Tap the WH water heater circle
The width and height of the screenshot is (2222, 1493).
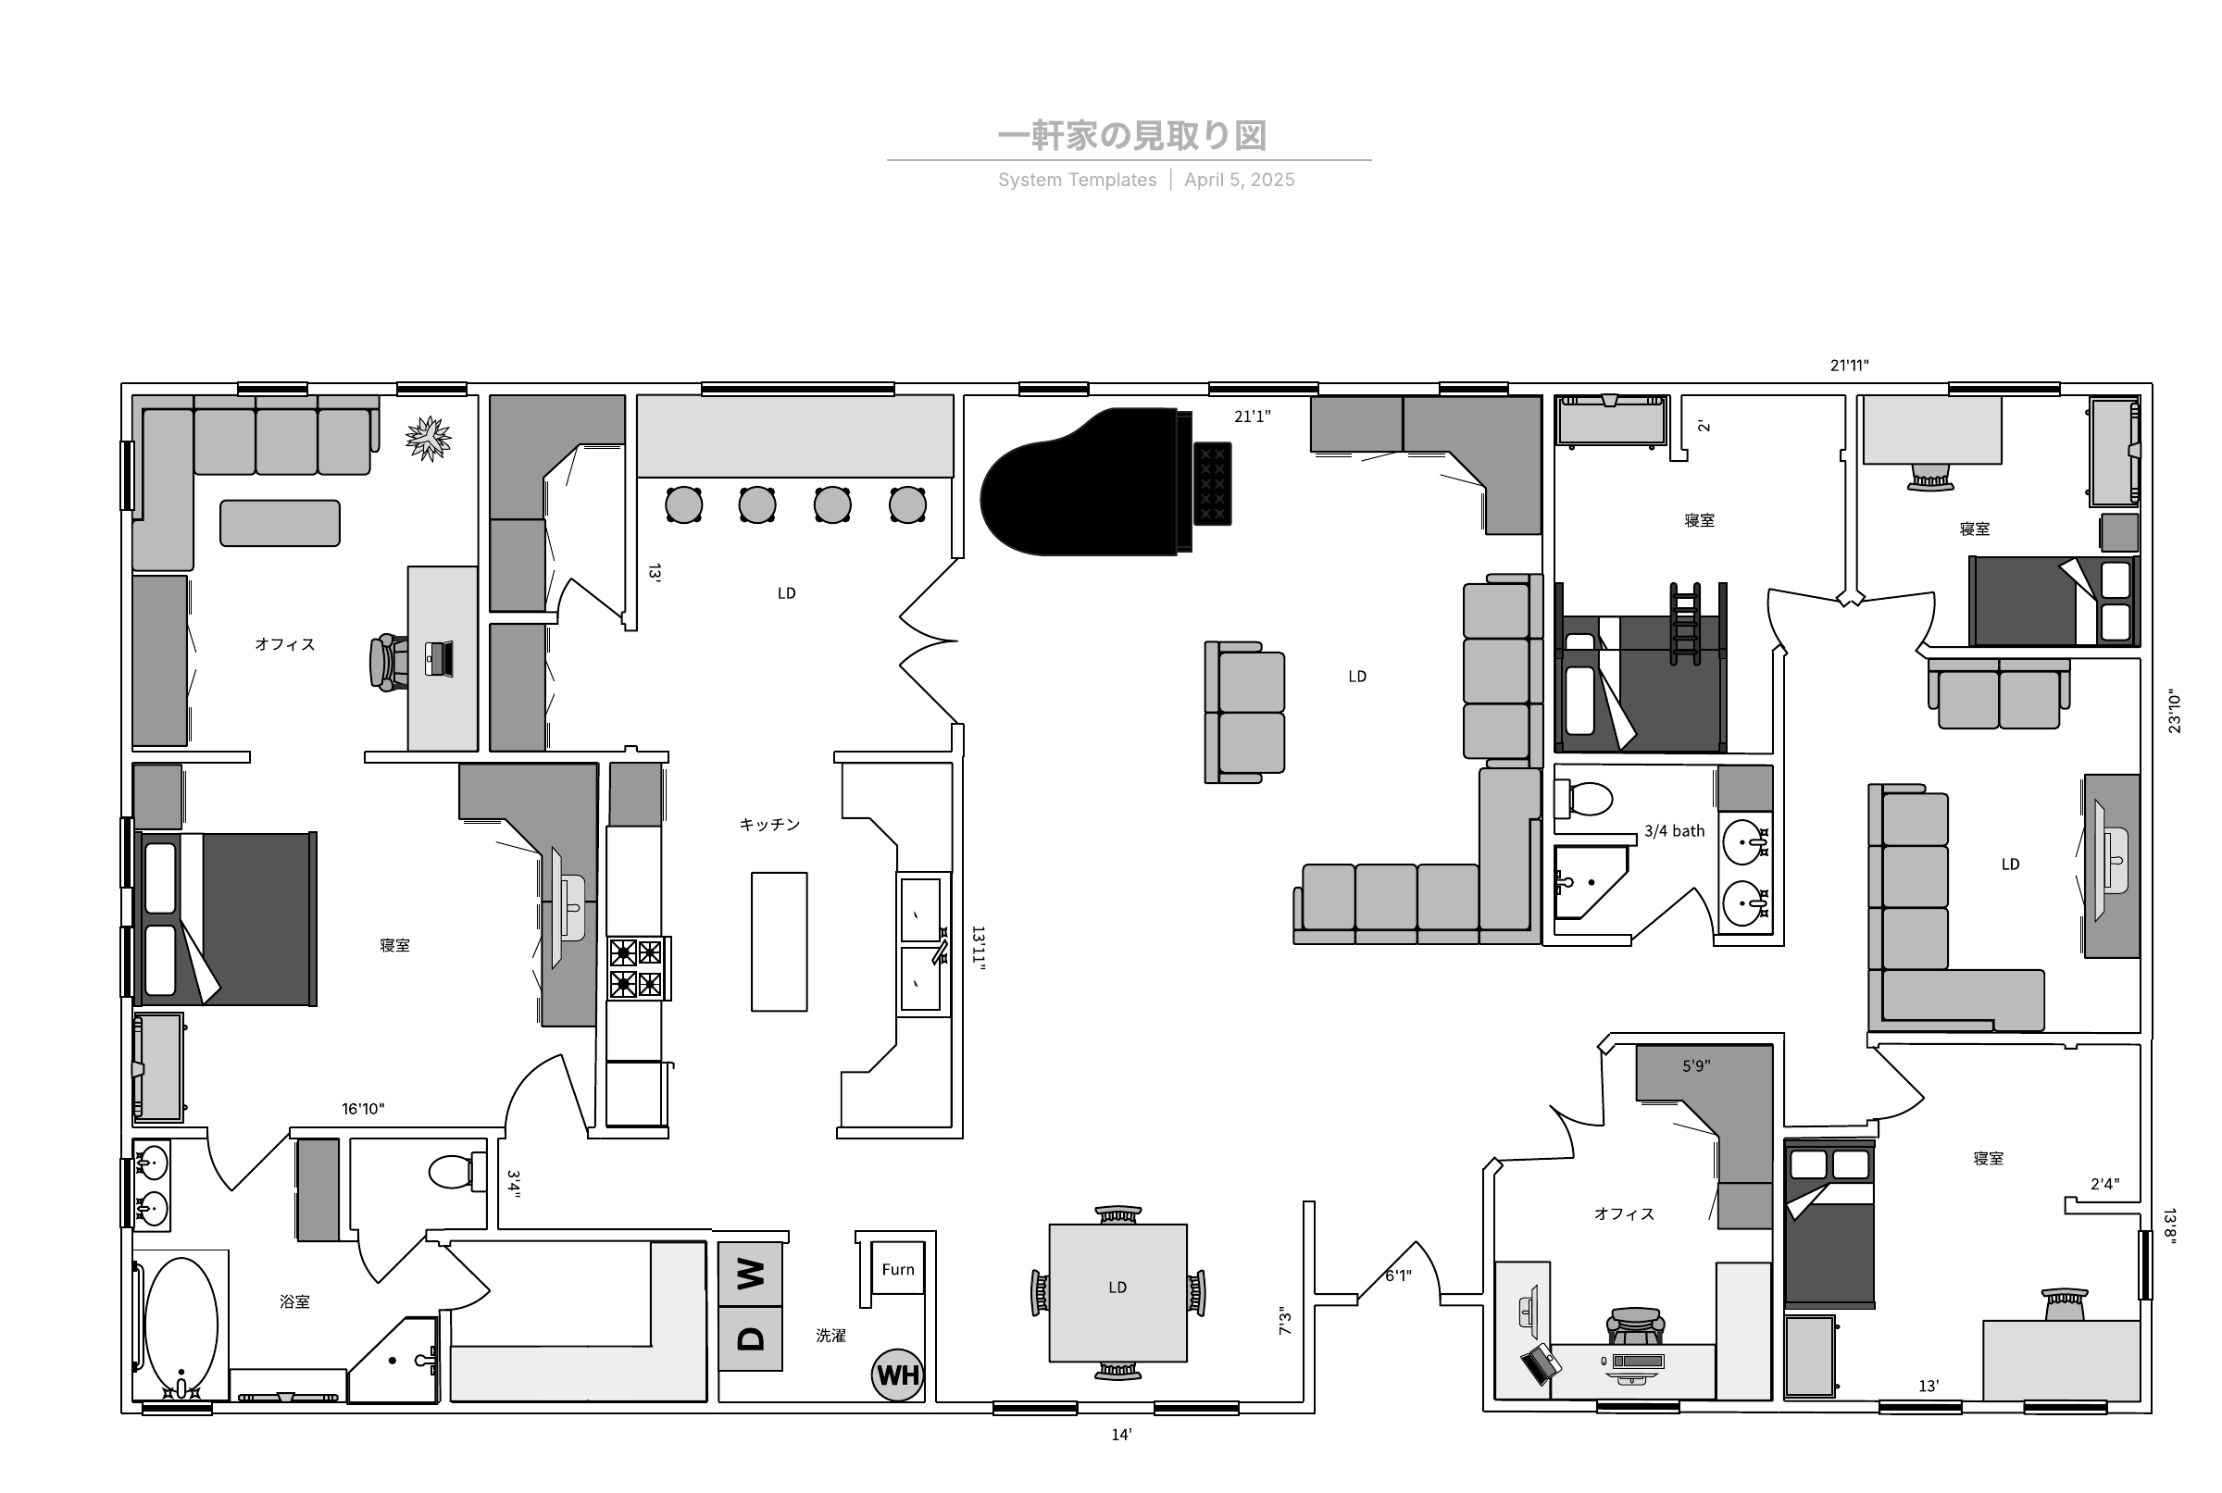(897, 1375)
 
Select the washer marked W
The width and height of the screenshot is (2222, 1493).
(751, 1274)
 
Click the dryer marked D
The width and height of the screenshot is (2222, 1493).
(751, 1338)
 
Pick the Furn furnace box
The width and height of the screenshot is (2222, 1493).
(897, 1268)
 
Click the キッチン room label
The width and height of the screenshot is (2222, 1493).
(769, 825)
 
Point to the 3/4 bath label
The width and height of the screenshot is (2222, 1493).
(1674, 831)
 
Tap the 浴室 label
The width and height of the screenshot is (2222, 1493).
(294, 1301)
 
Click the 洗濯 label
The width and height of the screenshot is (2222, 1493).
(830, 1336)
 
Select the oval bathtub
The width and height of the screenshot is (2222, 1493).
(180, 1326)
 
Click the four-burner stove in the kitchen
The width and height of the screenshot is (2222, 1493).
(637, 968)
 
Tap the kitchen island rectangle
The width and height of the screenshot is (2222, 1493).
(779, 941)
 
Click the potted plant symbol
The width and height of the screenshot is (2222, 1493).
(428, 439)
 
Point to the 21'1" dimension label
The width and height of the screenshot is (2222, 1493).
(1253, 417)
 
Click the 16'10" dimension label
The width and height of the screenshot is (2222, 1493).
(363, 1108)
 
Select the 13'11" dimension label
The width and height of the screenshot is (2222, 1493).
(978, 949)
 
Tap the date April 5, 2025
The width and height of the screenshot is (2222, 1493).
(1239, 180)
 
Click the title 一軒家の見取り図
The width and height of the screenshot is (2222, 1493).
(1132, 136)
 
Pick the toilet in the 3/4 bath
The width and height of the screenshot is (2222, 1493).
(1583, 799)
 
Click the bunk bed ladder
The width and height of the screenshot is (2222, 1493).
(1685, 624)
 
